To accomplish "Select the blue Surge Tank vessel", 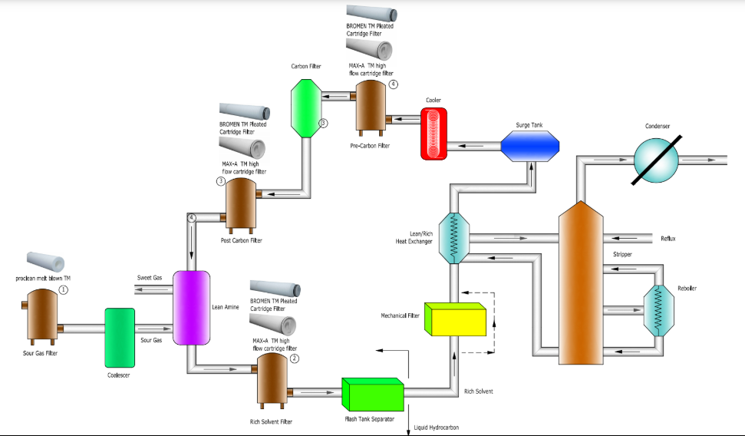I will click(x=530, y=144).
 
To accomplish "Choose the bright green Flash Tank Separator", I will click(x=372, y=393).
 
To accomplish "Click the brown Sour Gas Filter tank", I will click(x=42, y=316).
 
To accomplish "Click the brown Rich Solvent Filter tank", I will click(x=272, y=378).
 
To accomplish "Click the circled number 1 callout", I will click(x=64, y=290).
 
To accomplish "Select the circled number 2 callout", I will click(x=294, y=358).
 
